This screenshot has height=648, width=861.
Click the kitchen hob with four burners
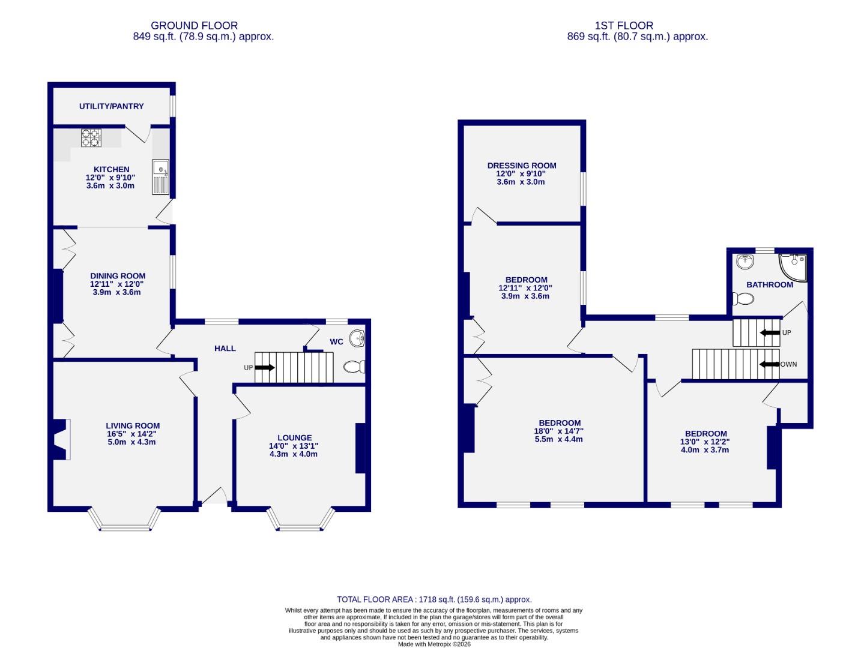[91, 138]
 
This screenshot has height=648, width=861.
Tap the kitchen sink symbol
[160, 177]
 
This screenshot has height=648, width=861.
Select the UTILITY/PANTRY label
[112, 106]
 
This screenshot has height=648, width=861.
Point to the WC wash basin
[357, 338]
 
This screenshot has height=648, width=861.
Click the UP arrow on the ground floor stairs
[265, 367]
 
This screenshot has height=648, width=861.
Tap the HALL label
[225, 348]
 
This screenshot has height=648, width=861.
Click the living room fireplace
[61, 439]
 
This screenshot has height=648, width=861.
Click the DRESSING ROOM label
[522, 166]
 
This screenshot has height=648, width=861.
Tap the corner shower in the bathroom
[794, 266]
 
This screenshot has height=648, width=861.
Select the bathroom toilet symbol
[743, 298]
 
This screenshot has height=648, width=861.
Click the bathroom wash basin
[745, 262]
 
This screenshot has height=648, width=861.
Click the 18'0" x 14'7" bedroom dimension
[558, 431]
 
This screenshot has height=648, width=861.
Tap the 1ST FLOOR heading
[624, 25]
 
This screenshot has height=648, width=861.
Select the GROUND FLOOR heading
[194, 25]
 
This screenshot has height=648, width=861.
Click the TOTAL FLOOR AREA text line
[434, 599]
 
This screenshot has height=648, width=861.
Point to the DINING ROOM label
[118, 276]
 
